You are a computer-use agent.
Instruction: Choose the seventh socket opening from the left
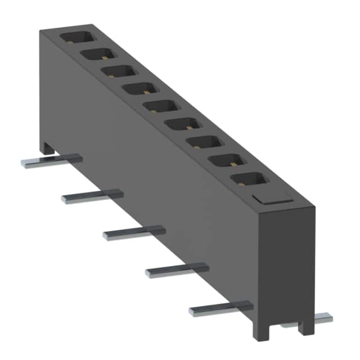[202, 142]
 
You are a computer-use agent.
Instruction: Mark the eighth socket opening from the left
[224, 160]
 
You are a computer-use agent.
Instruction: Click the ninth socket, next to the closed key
[247, 180]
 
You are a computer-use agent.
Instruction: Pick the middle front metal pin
[134, 231]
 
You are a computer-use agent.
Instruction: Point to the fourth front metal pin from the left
[176, 270]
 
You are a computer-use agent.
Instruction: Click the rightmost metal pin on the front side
[220, 309]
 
